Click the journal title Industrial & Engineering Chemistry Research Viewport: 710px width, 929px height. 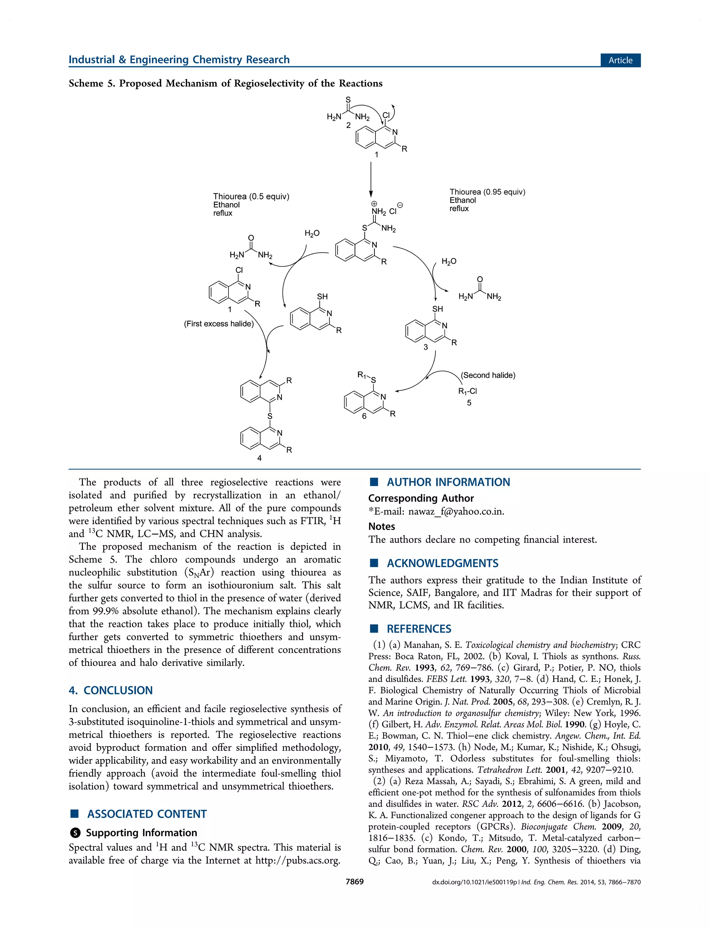tap(179, 60)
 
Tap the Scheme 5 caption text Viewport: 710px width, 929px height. tap(225, 83)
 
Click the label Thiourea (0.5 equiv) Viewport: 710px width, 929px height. tap(251, 197)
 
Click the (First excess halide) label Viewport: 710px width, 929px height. tap(218, 324)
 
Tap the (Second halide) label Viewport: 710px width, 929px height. tap(488, 375)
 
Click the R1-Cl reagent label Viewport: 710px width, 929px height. tap(467, 391)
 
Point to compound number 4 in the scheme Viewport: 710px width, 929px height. tap(259, 458)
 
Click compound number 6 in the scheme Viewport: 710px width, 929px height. tap(364, 416)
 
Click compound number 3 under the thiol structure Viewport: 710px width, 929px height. tap(426, 347)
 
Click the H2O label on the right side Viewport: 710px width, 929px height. tap(449, 261)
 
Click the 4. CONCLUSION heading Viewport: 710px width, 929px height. tap(110, 690)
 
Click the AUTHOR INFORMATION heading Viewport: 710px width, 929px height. tap(448, 482)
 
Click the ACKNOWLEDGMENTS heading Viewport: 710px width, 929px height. tap(442, 563)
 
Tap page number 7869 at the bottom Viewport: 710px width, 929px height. tap(355, 881)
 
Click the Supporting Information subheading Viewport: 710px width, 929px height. tap(141, 833)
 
